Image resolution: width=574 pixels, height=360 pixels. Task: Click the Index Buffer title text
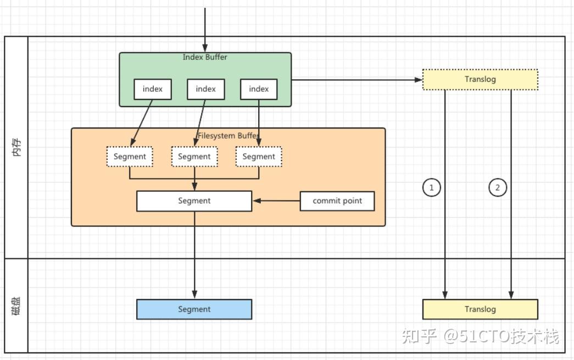tap(205, 57)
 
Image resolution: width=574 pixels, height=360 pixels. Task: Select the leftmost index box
tap(153, 89)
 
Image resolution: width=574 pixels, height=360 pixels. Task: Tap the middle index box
tap(206, 89)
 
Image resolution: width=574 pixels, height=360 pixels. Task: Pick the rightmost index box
tap(259, 89)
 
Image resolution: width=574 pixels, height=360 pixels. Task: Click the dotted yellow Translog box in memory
tap(480, 80)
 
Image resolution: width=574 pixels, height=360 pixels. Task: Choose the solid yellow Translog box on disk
tap(480, 309)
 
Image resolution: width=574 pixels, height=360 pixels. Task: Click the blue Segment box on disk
tap(194, 309)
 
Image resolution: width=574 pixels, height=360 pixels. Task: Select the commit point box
tap(337, 201)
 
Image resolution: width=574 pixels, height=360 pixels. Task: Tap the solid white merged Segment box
tap(194, 201)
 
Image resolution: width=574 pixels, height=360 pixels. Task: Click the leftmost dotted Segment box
tap(130, 157)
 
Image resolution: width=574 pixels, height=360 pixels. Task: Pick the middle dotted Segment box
tap(194, 157)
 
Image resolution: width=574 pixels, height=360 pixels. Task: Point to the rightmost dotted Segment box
tap(259, 157)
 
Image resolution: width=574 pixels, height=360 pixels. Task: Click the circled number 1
tap(432, 187)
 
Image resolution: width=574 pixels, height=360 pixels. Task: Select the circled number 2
tap(498, 187)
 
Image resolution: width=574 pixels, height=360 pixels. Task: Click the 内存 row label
tap(17, 147)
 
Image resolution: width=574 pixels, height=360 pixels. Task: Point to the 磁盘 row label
tap(16, 306)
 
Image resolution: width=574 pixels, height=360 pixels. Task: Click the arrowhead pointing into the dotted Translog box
tap(419, 80)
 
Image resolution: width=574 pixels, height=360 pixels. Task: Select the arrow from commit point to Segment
tap(276, 201)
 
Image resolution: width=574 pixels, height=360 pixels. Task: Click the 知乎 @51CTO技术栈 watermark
tap(480, 336)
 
